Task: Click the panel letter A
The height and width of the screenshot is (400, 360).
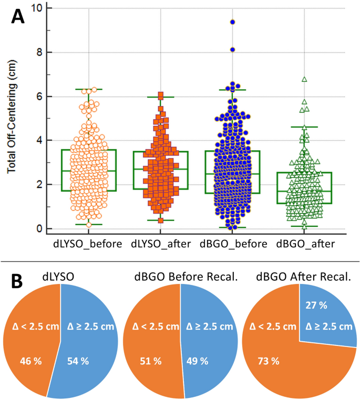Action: (x=18, y=17)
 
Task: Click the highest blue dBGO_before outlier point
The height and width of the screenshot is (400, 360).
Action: (x=232, y=22)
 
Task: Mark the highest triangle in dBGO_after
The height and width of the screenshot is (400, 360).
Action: (x=304, y=79)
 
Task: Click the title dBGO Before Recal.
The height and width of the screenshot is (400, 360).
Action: (x=180, y=277)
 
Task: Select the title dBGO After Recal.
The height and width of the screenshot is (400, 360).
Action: (x=302, y=277)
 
